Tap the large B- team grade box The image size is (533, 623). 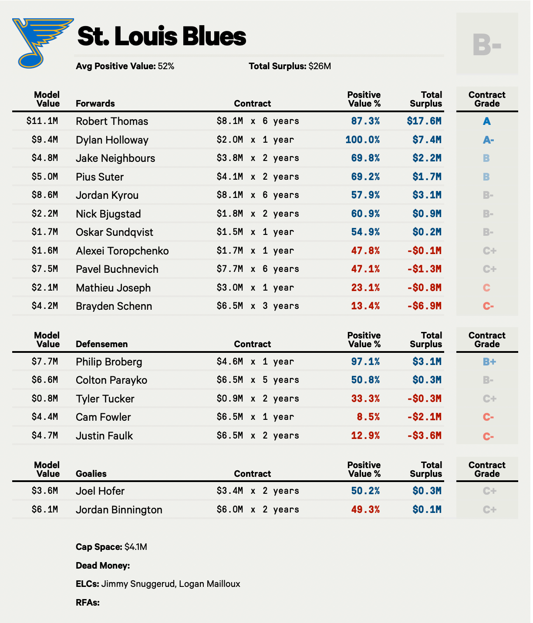click(x=487, y=44)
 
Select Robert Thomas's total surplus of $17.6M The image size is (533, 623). click(x=424, y=121)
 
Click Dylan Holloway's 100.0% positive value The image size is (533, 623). click(x=362, y=140)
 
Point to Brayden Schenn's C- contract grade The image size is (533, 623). click(x=488, y=306)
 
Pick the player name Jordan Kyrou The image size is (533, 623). click(x=107, y=195)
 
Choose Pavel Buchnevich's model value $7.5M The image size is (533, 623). click(x=45, y=269)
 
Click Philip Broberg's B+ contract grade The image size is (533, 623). click(x=489, y=362)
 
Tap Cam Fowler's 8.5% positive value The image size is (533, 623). click(x=368, y=417)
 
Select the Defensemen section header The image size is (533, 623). click(x=102, y=344)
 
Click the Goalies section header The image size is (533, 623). click(x=91, y=474)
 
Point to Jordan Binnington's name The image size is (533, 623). click(x=119, y=510)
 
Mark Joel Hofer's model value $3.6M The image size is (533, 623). click(x=45, y=491)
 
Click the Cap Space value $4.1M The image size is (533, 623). click(x=136, y=547)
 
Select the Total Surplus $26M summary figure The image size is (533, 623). click(x=320, y=66)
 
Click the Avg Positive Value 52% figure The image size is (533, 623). click(x=166, y=66)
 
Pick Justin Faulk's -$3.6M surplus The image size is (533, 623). click(x=424, y=435)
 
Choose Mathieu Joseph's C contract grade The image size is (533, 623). click(x=486, y=288)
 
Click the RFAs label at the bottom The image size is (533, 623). click(x=88, y=603)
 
